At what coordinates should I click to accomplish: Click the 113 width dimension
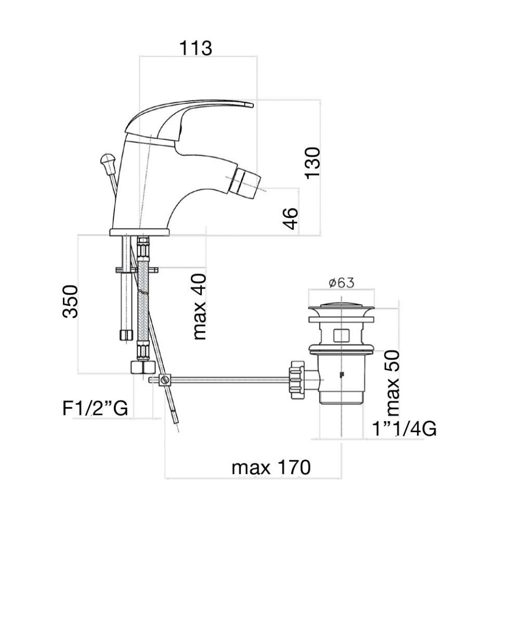[x=196, y=48]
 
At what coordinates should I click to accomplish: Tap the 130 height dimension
[x=312, y=163]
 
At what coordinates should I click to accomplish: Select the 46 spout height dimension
[x=290, y=219]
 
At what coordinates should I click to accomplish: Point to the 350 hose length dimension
[x=70, y=302]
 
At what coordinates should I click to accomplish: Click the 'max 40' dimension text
[x=200, y=307]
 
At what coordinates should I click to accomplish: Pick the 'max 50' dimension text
[x=393, y=383]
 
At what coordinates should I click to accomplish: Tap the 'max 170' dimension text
[x=271, y=467]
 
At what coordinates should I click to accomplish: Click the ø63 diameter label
[x=341, y=283]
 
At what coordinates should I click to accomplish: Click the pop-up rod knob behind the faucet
[x=108, y=161]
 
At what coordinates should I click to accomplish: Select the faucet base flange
[x=140, y=232]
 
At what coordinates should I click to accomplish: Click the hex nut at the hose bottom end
[x=142, y=367]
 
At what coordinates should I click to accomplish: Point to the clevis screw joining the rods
[x=165, y=380]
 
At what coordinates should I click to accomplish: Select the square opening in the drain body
[x=341, y=336]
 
